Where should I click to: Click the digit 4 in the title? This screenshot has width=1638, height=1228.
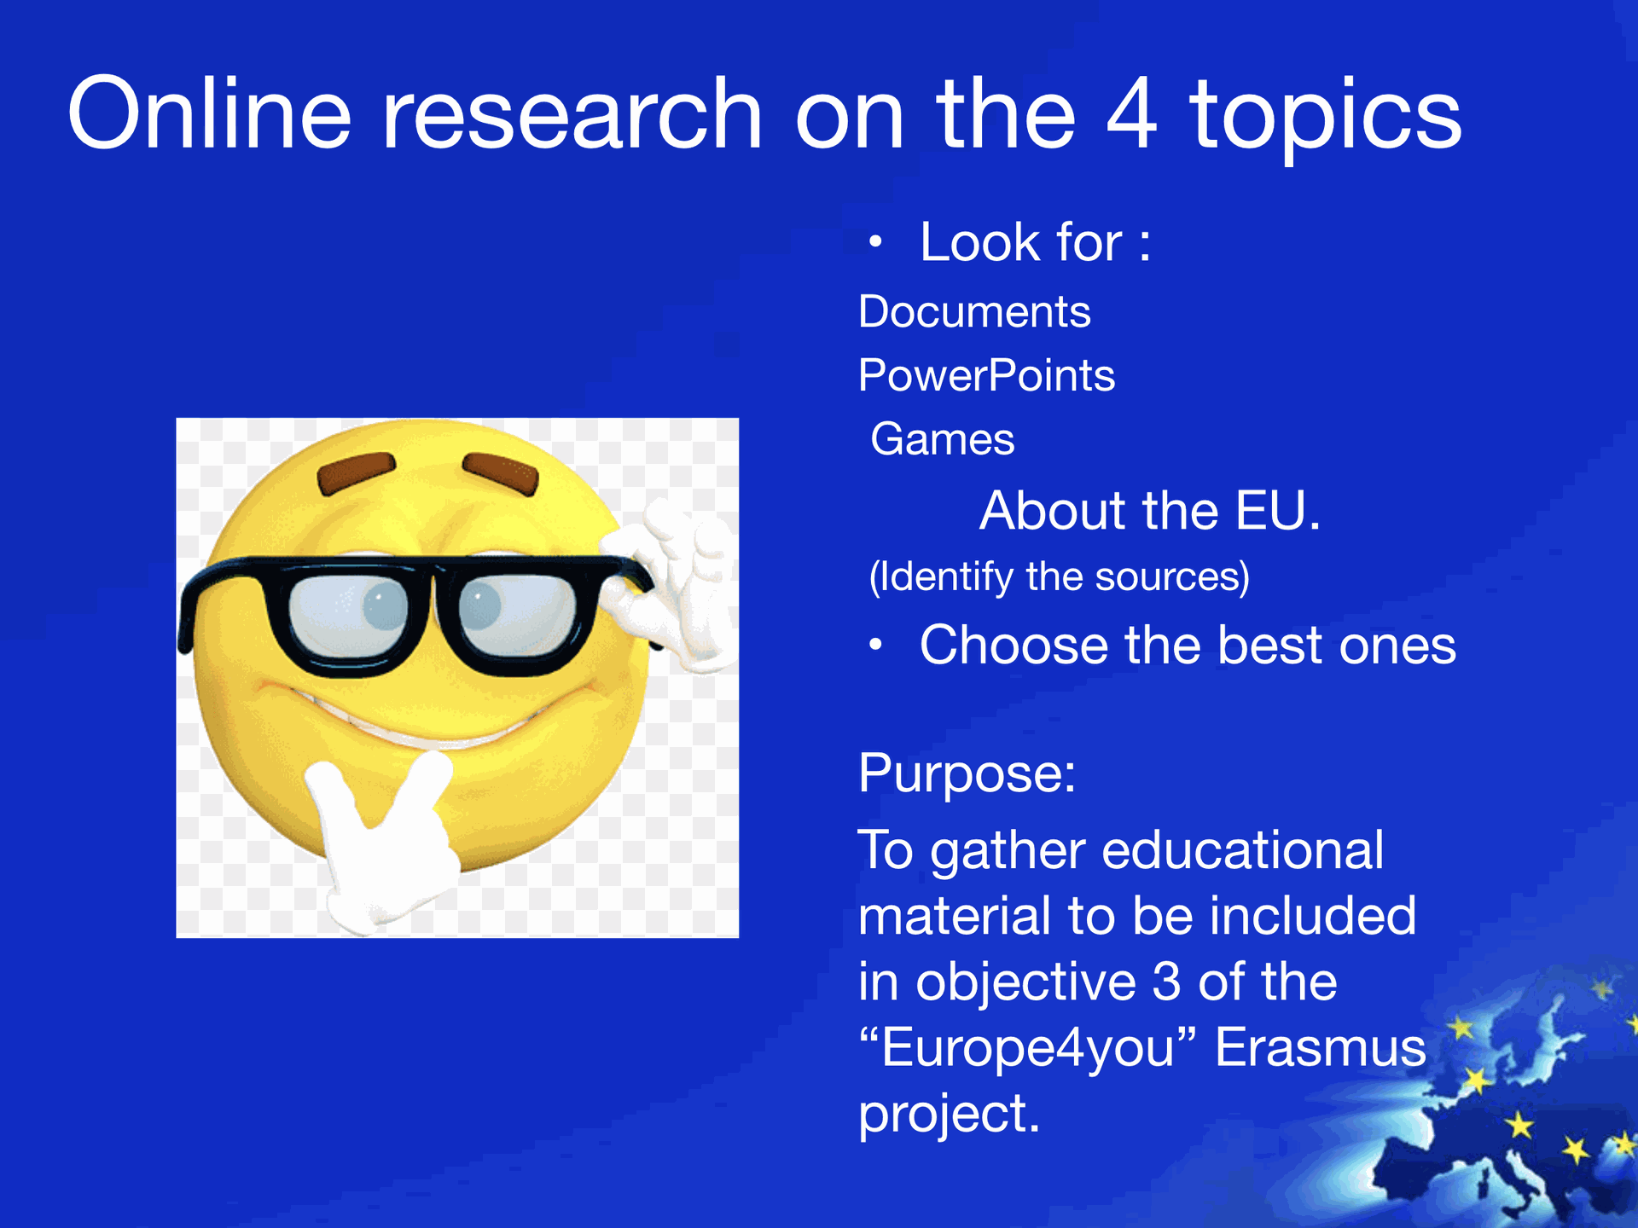tap(1132, 113)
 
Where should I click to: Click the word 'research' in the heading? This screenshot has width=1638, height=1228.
tap(572, 114)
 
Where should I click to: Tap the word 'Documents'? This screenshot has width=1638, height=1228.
tap(974, 311)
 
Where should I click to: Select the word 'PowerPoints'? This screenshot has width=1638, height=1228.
tap(986, 375)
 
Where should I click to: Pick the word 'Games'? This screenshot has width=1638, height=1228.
tap(943, 439)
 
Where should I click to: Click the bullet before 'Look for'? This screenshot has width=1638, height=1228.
tap(874, 242)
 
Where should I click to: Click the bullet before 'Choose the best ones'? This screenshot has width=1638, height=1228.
tap(874, 645)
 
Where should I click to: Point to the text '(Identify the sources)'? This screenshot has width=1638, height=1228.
tap(1059, 576)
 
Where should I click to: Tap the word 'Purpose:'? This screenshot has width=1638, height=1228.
tap(967, 774)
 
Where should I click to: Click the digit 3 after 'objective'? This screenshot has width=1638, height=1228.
tap(1166, 982)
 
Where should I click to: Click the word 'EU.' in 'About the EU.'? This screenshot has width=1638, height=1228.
tap(1277, 511)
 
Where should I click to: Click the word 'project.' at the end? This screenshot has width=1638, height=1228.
tap(950, 1114)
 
